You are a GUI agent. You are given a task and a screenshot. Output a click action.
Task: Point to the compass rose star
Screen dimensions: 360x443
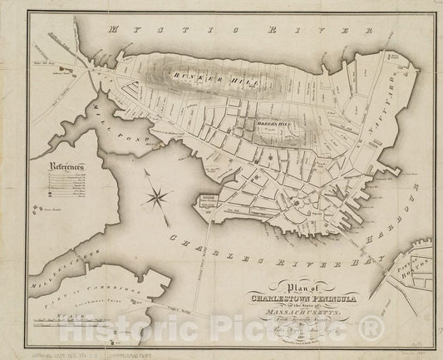(x=155, y=197)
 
